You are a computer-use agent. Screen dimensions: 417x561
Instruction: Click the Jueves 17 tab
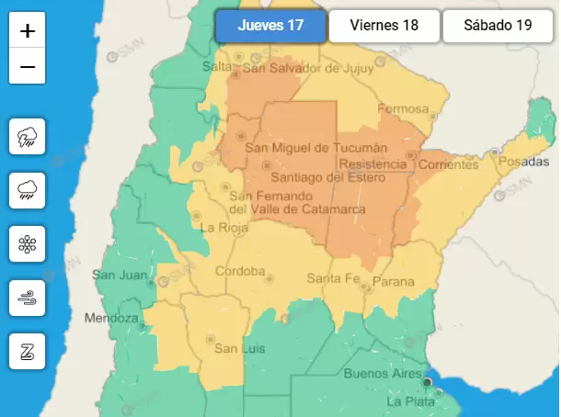tap(270, 26)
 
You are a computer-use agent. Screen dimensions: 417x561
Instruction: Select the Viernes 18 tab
tap(384, 26)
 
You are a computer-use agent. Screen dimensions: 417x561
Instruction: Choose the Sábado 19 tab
tap(498, 26)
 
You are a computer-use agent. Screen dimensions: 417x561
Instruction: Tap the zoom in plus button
tap(28, 31)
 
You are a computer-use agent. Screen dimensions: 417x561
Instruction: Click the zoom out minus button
tap(28, 67)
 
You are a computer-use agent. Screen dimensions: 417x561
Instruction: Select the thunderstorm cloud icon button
tap(28, 138)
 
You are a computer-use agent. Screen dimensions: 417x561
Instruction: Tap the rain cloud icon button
tap(28, 191)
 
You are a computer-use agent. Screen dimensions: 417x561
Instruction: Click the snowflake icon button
tap(28, 244)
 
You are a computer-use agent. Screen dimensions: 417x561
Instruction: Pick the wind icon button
tap(28, 298)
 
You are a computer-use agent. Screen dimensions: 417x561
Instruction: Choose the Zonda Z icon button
tap(28, 350)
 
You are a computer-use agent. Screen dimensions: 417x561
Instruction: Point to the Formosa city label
tap(403, 108)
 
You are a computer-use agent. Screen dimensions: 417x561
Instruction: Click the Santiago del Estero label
tap(308, 176)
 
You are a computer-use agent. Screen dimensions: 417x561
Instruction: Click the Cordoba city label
tap(240, 271)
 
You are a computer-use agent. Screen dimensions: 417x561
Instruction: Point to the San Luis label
tap(234, 348)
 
